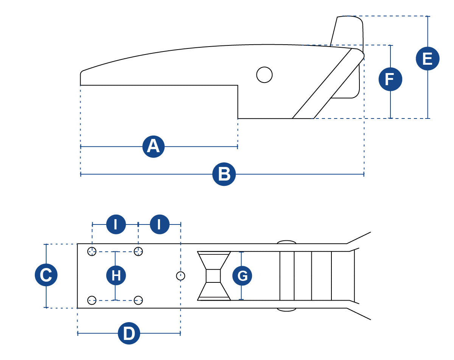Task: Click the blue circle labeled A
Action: pos(153,146)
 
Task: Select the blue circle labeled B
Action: pos(224,175)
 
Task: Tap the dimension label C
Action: pos(46,275)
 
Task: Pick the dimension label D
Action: pos(129,334)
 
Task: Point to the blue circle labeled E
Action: pos(428,59)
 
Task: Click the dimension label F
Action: pos(390,79)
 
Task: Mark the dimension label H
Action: pos(116,275)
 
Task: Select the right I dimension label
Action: pos(159,224)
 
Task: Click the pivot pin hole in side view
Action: pos(264,75)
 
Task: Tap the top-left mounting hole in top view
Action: pos(92,251)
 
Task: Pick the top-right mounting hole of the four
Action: pos(138,251)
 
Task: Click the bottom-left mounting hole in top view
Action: pos(92,300)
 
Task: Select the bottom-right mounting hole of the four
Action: pos(138,300)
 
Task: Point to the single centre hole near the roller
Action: pos(180,276)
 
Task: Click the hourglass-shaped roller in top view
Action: pos(214,276)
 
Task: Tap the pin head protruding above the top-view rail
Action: pos(286,242)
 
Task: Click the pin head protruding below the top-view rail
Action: pos(286,309)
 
